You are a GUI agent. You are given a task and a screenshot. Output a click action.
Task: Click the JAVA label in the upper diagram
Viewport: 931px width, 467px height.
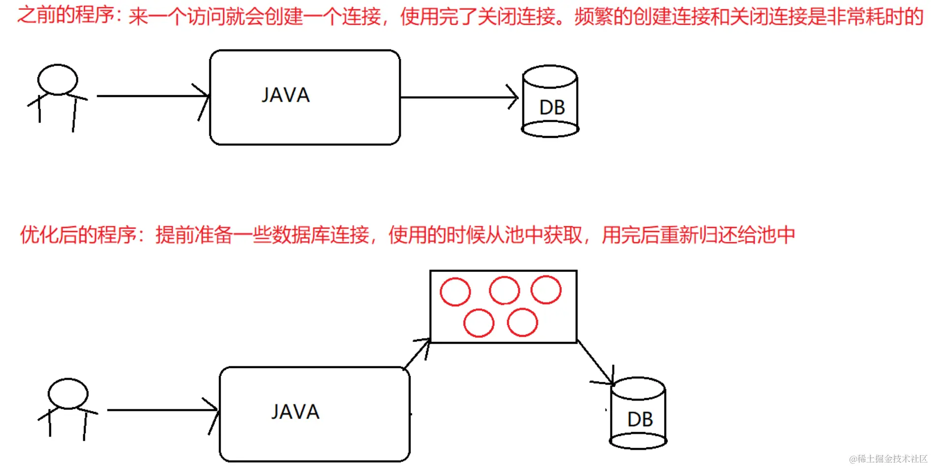coord(286,95)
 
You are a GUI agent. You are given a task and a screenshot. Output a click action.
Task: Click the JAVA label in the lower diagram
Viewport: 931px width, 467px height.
coord(295,412)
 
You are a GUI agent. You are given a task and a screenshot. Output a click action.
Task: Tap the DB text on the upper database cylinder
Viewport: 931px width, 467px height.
coord(552,107)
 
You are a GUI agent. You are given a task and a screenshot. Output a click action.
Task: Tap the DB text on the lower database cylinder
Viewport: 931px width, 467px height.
coord(640,420)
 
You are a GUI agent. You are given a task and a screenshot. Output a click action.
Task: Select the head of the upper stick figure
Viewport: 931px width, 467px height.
coord(58,79)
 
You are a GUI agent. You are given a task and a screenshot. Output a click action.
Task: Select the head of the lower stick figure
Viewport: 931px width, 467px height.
coord(68,394)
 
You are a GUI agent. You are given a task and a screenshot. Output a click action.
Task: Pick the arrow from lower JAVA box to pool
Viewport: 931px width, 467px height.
coord(417,353)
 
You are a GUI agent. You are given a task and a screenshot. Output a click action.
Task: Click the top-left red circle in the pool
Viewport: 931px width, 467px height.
coord(455,292)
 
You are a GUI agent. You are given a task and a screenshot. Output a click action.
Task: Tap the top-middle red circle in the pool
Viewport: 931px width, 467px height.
coord(504,290)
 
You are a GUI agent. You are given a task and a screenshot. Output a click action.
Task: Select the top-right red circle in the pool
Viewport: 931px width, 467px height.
coord(546,290)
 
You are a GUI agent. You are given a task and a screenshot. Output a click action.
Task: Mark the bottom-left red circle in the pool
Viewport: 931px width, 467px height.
coord(479,323)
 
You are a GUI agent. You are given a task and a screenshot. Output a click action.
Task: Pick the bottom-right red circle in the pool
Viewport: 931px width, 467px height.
coord(522,322)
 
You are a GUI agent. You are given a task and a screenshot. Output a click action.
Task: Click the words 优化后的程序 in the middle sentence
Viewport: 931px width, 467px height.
coord(78,234)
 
